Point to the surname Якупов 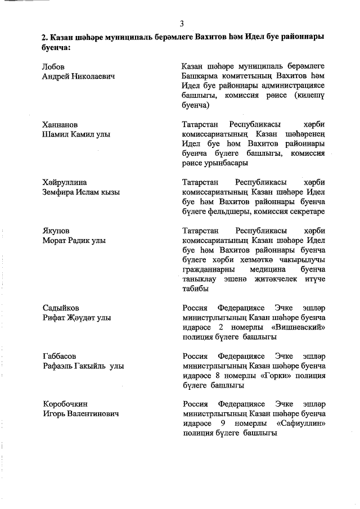(x=56, y=231)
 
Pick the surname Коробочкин (x=65, y=404)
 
